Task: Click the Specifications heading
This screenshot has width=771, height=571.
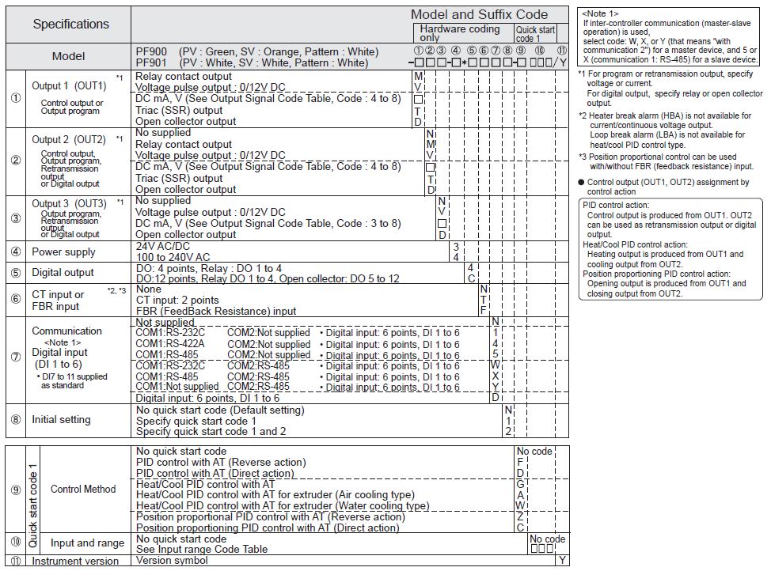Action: tap(70, 24)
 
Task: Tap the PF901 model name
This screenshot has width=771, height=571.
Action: tap(150, 62)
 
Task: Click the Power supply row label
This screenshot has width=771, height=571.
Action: tap(63, 252)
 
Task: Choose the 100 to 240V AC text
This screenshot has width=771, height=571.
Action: tap(173, 257)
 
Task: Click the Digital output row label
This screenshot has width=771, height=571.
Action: tap(63, 273)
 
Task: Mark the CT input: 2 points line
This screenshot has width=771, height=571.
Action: tap(177, 301)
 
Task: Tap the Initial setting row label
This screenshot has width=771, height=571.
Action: tap(64, 420)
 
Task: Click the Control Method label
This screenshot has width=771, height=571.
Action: tap(83, 489)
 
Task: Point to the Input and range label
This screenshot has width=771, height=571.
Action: tap(87, 543)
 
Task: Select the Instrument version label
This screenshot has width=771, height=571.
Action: tap(75, 562)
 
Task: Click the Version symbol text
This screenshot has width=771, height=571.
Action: tap(172, 561)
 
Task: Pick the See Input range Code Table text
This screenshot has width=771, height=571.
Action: tap(202, 550)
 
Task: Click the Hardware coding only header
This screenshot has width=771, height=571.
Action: tap(460, 32)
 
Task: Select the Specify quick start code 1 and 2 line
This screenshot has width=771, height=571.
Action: tap(211, 431)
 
